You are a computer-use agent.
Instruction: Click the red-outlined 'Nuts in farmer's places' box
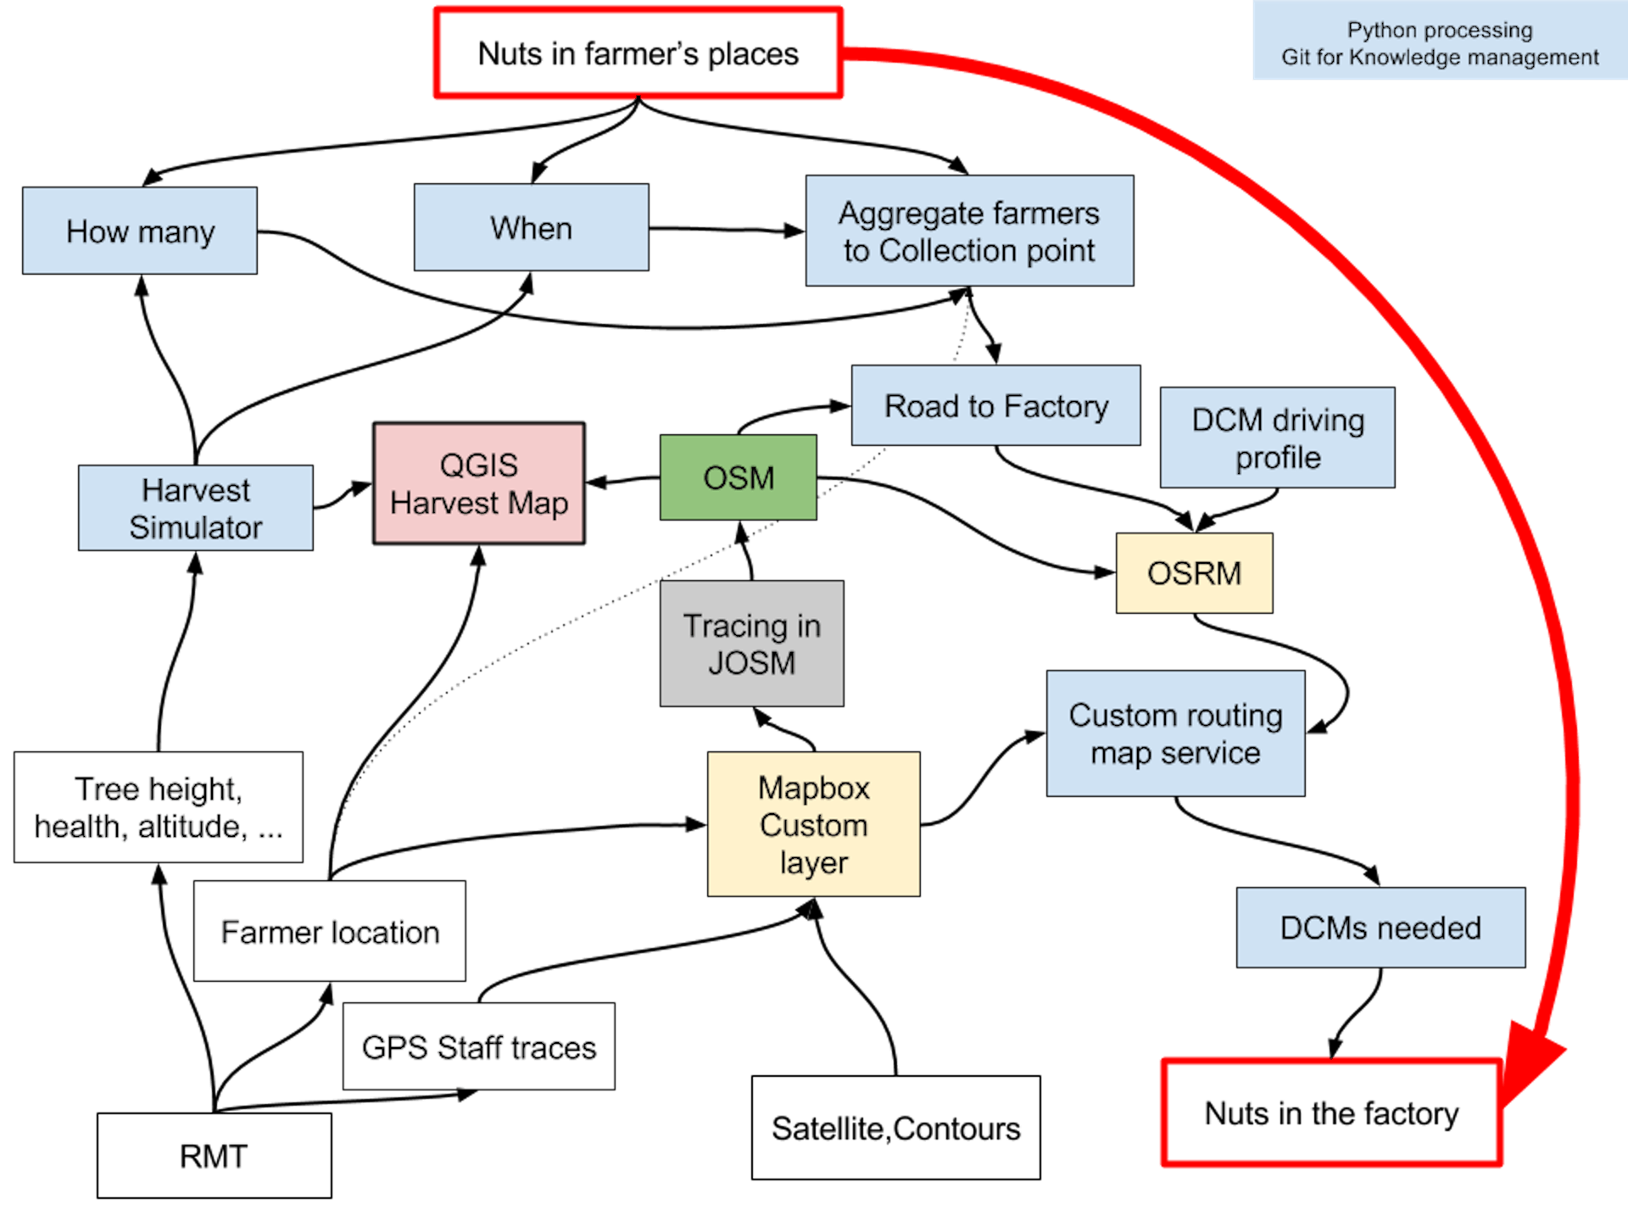[638, 53]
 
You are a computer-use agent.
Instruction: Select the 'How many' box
[140, 231]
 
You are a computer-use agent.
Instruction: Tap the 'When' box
[532, 227]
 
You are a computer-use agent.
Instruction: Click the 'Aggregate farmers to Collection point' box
[969, 231]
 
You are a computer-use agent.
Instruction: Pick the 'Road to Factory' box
[996, 405]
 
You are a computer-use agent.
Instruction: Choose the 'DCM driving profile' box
[1278, 438]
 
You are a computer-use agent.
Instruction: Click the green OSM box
[739, 477]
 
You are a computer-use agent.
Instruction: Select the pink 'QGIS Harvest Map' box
[479, 483]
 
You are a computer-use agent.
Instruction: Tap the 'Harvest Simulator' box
[196, 508]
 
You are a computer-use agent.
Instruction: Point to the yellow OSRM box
[1195, 573]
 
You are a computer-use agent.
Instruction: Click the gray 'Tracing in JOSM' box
[752, 644]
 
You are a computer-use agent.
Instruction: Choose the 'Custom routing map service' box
[1176, 733]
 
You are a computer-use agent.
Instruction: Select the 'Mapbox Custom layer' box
[814, 824]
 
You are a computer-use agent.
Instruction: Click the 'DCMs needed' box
[1381, 928]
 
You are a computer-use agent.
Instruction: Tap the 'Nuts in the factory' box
[1332, 1112]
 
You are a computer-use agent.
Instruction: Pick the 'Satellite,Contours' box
[896, 1128]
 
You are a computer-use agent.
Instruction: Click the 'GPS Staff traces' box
[479, 1046]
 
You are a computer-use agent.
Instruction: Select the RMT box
[215, 1156]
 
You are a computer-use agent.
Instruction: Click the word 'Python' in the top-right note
[1382, 31]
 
